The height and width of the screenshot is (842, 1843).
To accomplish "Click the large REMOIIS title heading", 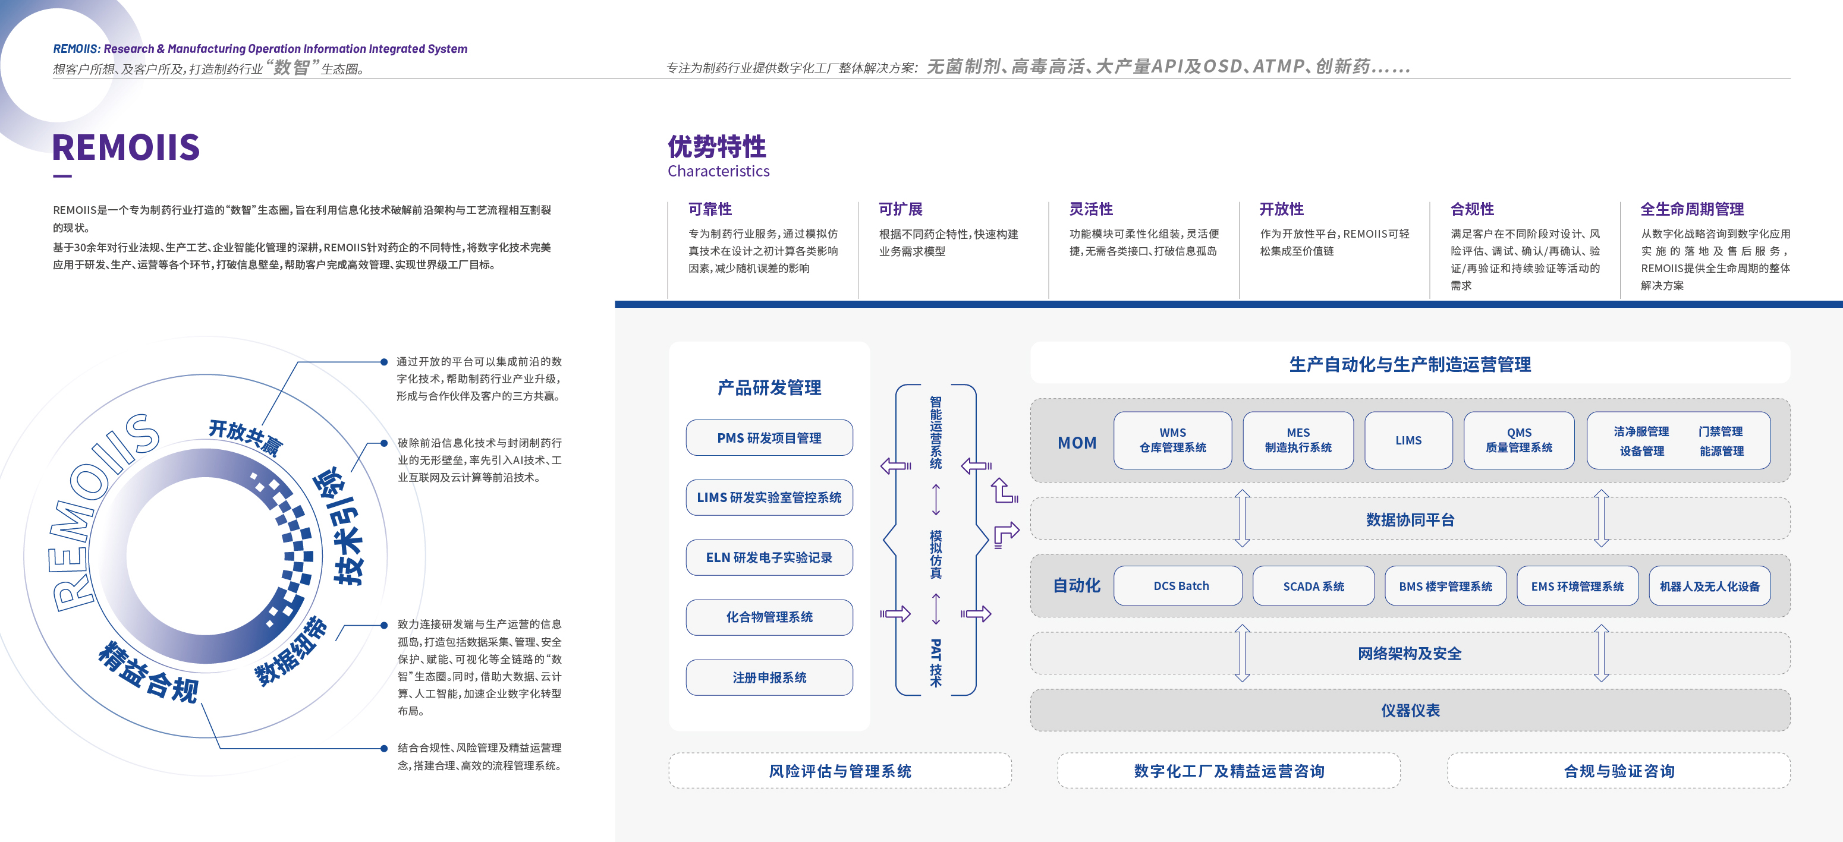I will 126,147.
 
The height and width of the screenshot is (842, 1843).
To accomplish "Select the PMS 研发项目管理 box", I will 769,438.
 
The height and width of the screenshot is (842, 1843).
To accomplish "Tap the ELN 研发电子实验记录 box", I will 769,557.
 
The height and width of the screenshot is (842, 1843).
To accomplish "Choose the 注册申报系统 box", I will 769,677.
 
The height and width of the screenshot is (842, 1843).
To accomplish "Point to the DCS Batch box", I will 1181,586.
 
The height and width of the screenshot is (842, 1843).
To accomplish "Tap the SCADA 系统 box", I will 1313,586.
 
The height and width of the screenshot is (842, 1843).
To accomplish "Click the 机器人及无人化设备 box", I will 1709,586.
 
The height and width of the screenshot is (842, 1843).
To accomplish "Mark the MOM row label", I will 1077,443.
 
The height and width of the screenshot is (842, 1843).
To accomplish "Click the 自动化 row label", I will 1076,585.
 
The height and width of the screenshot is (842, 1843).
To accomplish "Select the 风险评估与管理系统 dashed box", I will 840,771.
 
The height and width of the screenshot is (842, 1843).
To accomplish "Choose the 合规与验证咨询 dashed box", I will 1618,771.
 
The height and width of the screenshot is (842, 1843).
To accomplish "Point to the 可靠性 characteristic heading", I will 710,209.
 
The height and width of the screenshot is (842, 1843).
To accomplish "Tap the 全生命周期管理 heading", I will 1691,209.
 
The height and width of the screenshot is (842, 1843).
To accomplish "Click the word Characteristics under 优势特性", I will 718,171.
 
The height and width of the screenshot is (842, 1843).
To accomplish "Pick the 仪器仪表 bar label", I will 1410,710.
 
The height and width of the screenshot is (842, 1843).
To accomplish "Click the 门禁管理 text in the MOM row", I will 1721,431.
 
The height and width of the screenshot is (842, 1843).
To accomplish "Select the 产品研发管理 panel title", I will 769,388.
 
